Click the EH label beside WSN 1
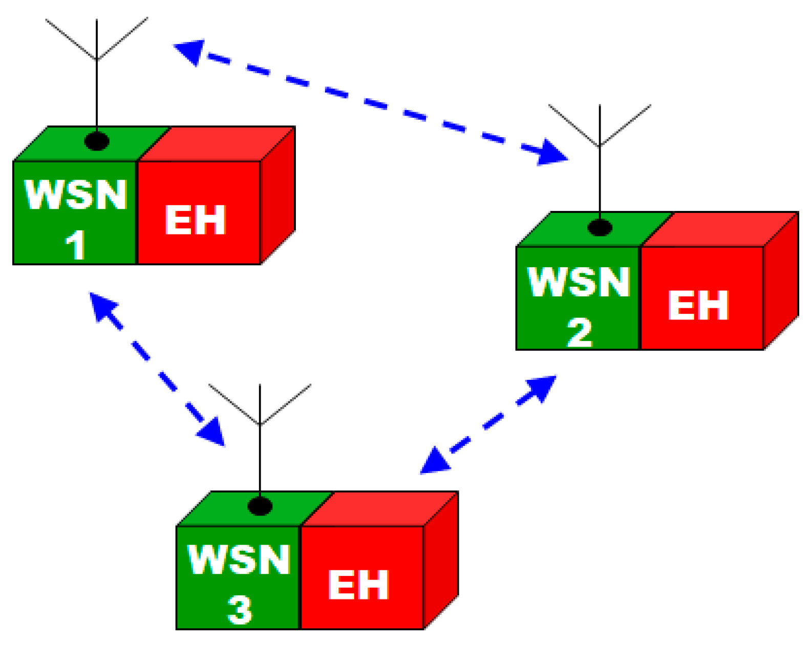coord(196,220)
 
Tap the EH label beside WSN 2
coord(698,306)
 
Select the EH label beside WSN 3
coord(358,585)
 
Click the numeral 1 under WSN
coord(75,245)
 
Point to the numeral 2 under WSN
coord(579,332)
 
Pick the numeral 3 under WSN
coord(239,610)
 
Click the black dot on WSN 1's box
coord(97,141)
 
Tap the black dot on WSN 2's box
coord(600,227)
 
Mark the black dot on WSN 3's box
coord(260,506)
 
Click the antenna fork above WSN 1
coord(97,57)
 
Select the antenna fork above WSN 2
coord(600,144)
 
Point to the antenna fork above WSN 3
coord(260,422)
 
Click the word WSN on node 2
coord(579,282)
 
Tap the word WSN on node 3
coord(239,560)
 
